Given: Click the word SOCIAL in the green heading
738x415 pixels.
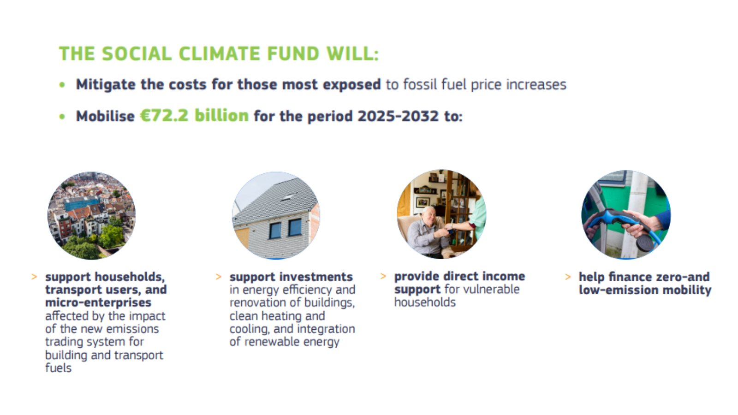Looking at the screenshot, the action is coord(137,53).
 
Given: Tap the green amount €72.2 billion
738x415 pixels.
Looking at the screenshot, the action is coord(194,116).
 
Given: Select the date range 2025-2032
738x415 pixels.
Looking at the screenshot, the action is coord(398,116).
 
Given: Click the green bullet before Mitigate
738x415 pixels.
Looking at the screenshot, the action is coord(62,85).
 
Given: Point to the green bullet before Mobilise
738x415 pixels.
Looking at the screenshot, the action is coord(62,117).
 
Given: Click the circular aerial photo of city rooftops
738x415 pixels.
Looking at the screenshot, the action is coord(91,215).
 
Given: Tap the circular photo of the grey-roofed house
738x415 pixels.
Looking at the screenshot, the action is coord(276,215).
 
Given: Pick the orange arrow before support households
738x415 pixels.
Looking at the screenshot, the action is coord(34,277).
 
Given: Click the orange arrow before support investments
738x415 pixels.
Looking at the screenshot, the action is coord(219,277).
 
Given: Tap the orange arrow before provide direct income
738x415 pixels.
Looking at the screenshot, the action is coord(383,276).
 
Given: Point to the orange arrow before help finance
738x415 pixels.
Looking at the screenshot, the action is coord(568,277).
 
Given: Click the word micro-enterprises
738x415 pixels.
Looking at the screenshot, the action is coord(98,302).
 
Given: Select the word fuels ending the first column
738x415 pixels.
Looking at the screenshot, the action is coord(58,368).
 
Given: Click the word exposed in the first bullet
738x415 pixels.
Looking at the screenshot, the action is coord(352,85).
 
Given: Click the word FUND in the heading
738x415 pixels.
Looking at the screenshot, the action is coord(293,53).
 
